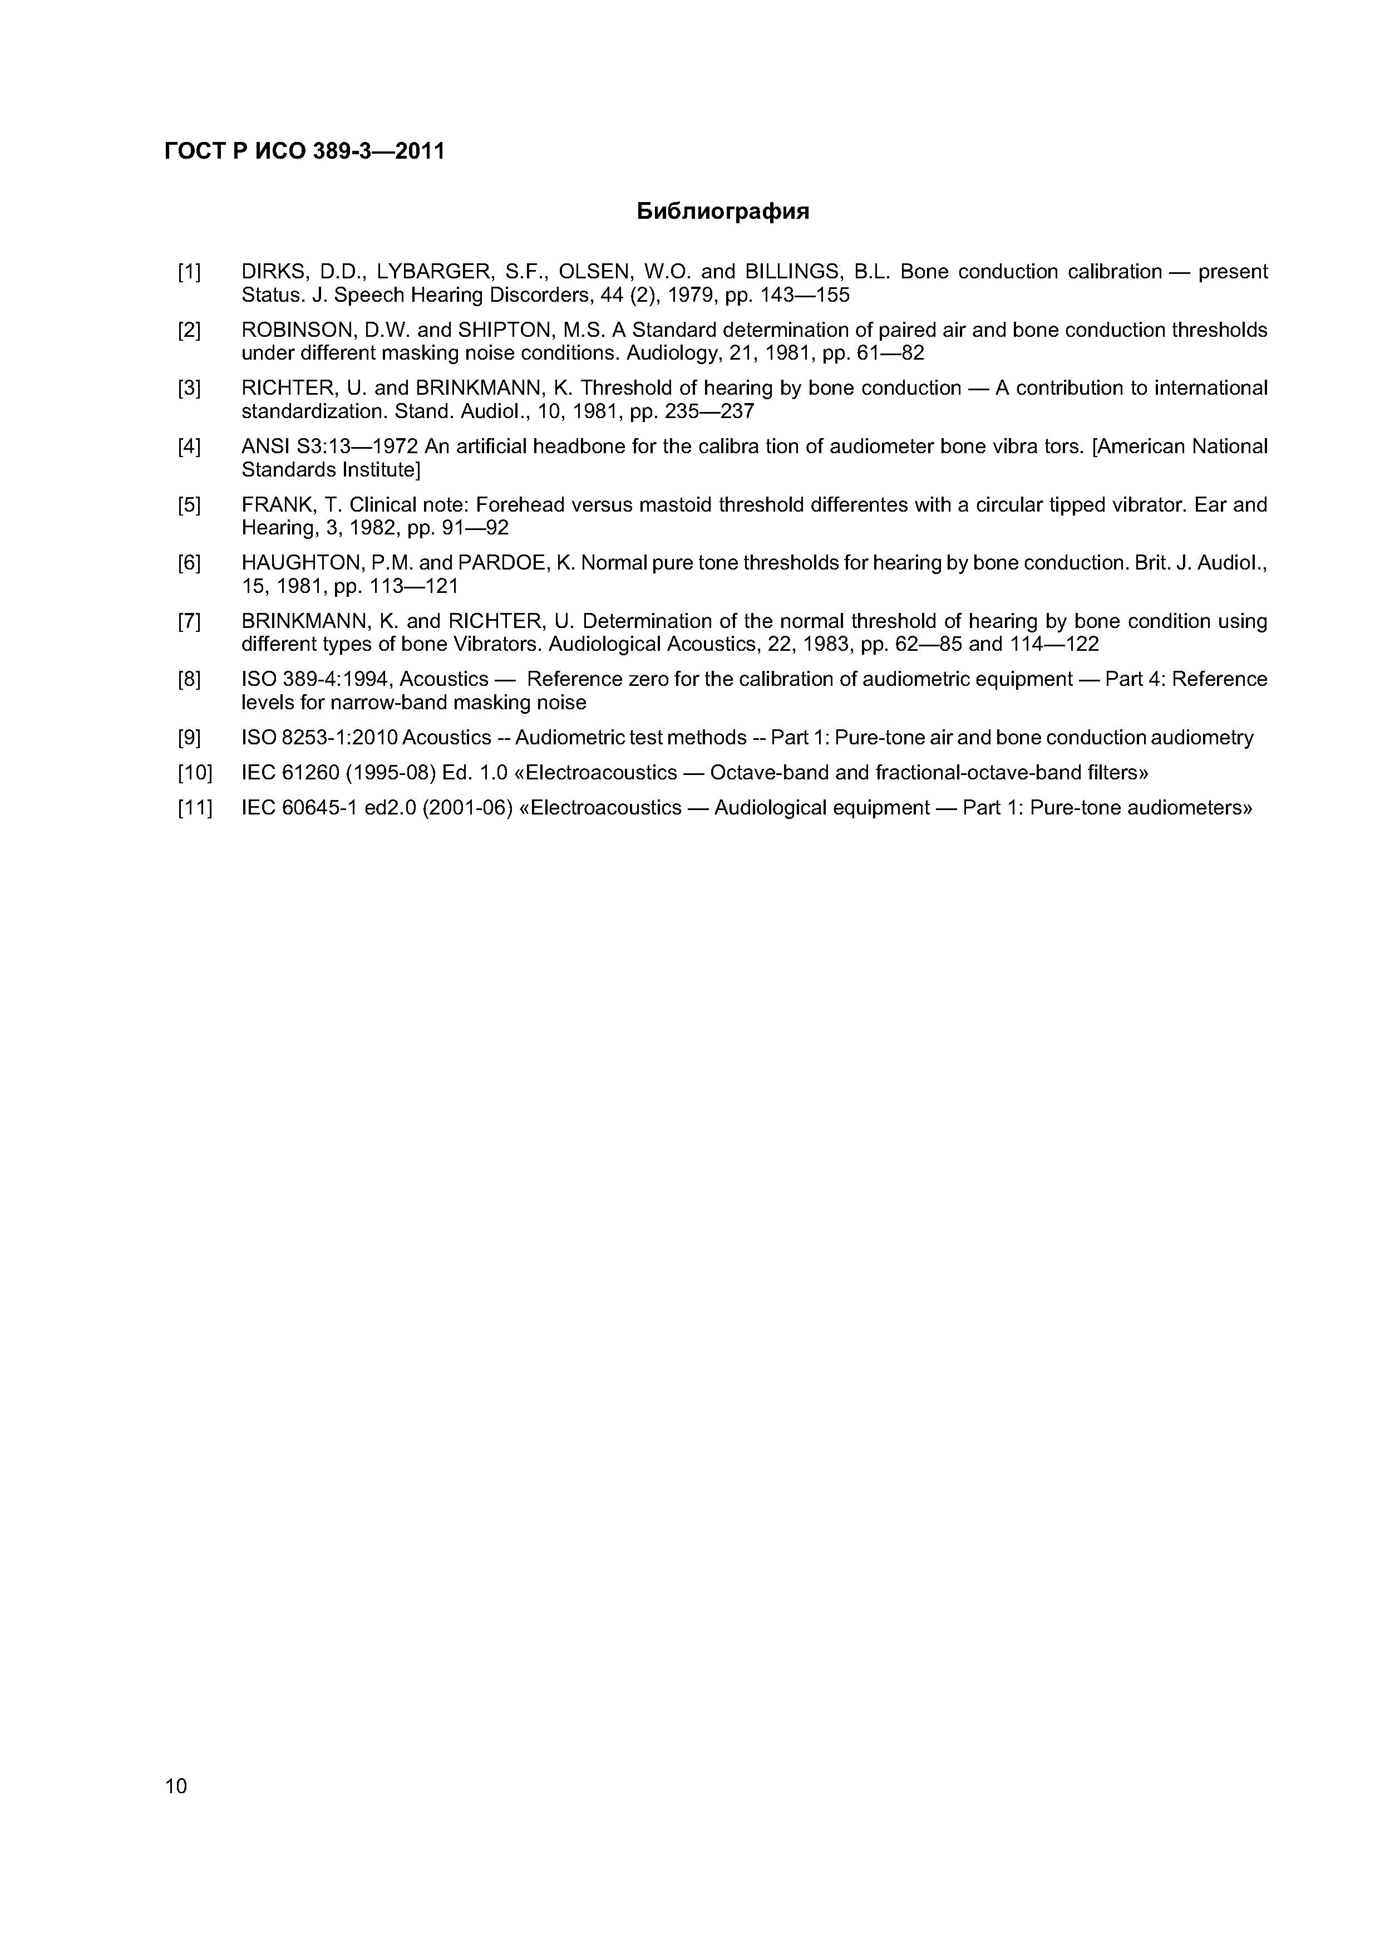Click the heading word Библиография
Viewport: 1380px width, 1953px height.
coord(723,212)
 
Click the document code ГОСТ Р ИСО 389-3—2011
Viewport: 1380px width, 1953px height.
coord(304,151)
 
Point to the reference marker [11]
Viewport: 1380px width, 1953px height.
coord(195,808)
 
